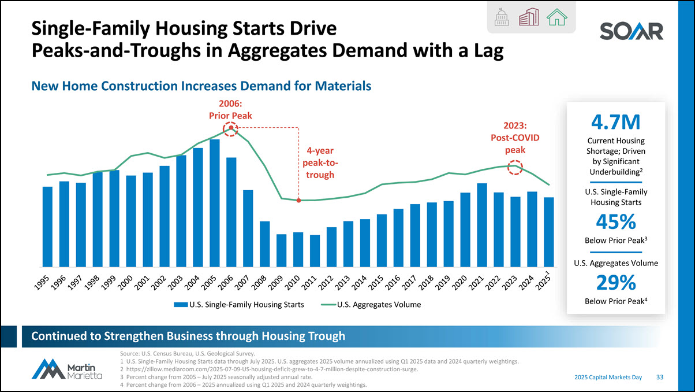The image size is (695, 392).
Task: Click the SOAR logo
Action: point(631,31)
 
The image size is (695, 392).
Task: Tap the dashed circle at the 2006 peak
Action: point(231,128)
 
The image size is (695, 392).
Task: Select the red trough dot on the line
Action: point(298,200)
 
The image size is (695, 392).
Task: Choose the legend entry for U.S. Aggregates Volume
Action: point(372,304)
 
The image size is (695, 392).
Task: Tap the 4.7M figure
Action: point(616,123)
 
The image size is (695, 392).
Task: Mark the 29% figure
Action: point(616,282)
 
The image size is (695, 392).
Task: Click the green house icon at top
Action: point(557,18)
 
